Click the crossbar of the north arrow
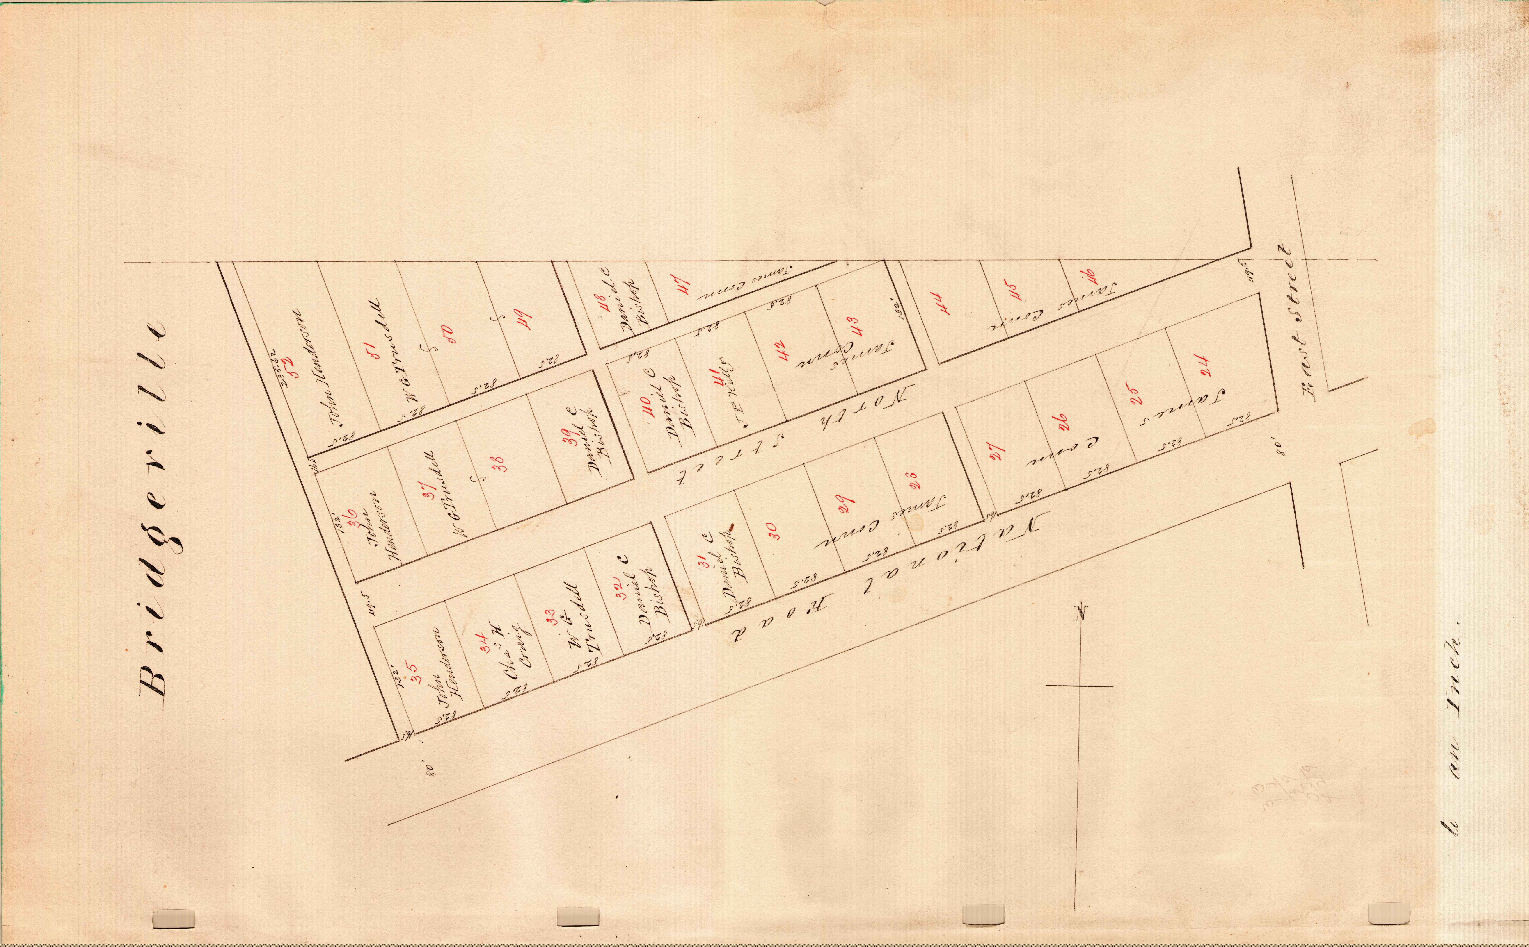(x=1079, y=686)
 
